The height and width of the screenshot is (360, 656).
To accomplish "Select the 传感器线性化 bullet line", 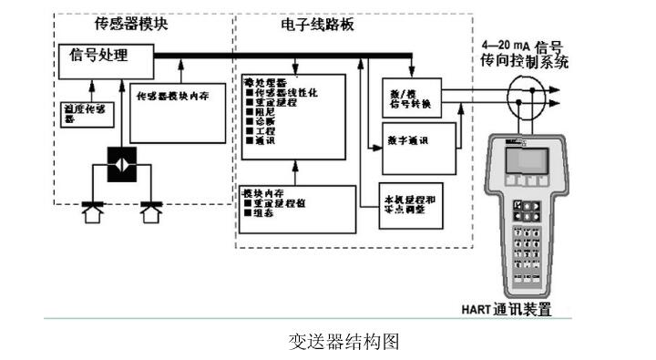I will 282,95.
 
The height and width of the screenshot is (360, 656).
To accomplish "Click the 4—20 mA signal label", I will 527,53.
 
